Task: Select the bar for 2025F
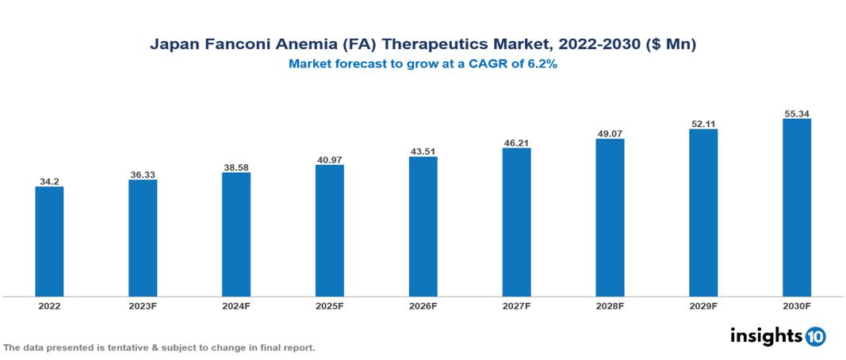(x=329, y=231)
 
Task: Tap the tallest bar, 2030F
(x=796, y=208)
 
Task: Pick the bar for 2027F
(x=516, y=222)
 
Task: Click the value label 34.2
(x=49, y=182)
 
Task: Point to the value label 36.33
(x=143, y=174)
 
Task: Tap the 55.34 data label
(x=796, y=113)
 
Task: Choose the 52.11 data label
(x=703, y=124)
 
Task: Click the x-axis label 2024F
(x=235, y=306)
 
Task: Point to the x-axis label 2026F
(x=423, y=306)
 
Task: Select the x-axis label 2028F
(x=610, y=306)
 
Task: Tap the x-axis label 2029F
(x=703, y=306)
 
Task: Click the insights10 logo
(x=778, y=336)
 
